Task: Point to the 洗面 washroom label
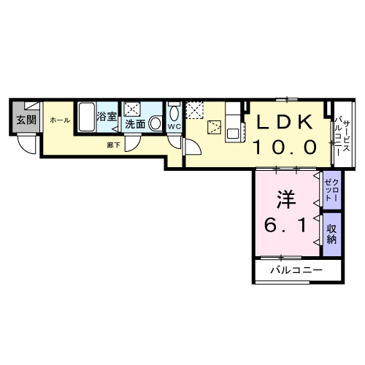coord(135,125)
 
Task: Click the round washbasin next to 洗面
coord(155,125)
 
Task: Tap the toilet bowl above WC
coord(174,113)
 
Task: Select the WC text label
coord(174,127)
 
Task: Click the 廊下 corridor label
coord(113,145)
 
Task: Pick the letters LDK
coord(284,122)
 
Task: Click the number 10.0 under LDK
coord(284,147)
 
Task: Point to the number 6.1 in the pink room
coord(285,225)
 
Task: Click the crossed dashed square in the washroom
coord(133,109)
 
